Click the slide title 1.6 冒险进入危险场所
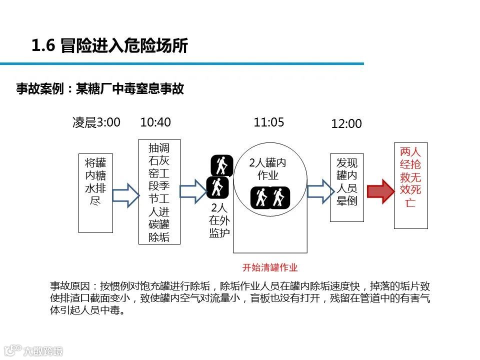point(109,46)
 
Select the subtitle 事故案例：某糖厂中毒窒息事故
point(100,89)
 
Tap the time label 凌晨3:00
point(96,122)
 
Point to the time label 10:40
point(155,122)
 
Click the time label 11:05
point(269,122)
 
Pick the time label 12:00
point(346,124)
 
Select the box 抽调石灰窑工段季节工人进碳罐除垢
point(159,192)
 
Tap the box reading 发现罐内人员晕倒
point(347,187)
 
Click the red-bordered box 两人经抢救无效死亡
point(411,185)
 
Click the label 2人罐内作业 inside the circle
point(268,169)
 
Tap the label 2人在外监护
point(219,220)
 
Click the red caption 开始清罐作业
point(270,267)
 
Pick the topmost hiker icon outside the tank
point(221,165)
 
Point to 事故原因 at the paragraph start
point(69,286)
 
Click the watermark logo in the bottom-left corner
point(33,350)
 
